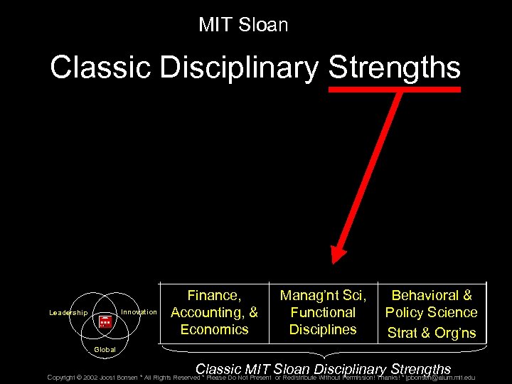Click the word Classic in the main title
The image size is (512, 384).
point(101,68)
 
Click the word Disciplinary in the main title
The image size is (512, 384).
point(240,68)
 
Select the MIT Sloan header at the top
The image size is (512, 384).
point(243,25)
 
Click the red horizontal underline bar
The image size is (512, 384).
point(394,90)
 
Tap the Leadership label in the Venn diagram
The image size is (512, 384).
point(68,313)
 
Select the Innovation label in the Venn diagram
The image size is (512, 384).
point(139,312)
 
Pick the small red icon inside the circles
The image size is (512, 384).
point(105,323)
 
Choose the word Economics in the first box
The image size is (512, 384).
point(214,329)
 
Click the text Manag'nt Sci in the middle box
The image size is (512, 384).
point(323,295)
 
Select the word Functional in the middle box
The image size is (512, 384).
point(323,312)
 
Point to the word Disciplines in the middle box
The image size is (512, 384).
point(323,329)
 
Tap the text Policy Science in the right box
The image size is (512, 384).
point(431,312)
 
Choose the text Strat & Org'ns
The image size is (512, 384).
point(431,332)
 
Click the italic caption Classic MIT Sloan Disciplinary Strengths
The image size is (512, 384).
point(323,369)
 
